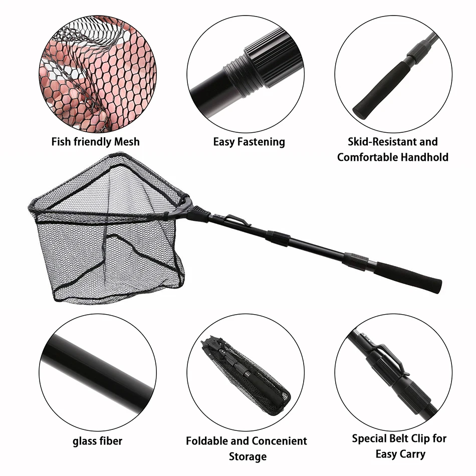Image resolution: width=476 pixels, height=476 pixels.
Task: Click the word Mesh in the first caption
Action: (x=127, y=142)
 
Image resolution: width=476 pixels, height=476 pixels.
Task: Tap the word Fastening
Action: (x=261, y=142)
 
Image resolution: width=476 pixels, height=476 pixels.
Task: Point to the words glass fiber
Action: (x=97, y=441)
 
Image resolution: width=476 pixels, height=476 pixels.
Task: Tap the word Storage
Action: (x=248, y=456)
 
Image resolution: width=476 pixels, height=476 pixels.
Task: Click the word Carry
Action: (x=412, y=454)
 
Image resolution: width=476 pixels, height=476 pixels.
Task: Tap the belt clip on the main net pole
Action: (x=239, y=220)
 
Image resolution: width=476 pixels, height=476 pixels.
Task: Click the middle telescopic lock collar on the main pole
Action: (x=278, y=237)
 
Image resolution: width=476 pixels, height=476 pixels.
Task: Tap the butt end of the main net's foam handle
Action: (x=438, y=286)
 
